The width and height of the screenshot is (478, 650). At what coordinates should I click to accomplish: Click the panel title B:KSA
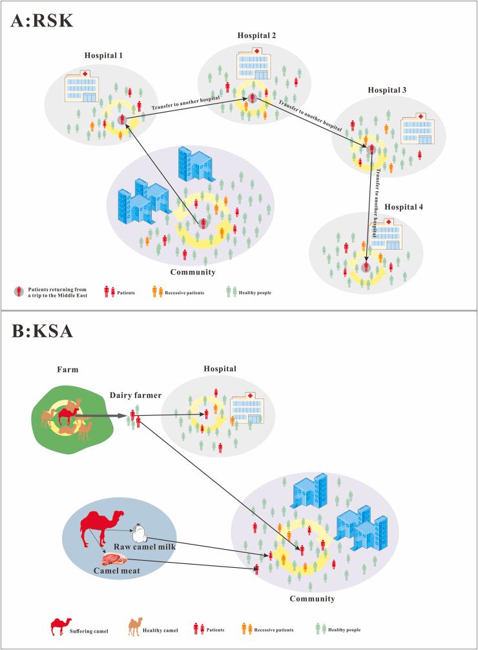coord(41,332)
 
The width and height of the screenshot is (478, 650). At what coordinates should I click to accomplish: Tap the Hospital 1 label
coord(103,56)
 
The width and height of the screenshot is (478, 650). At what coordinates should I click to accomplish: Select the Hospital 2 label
coord(256,35)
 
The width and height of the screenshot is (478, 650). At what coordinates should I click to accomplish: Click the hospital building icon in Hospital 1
coord(81,86)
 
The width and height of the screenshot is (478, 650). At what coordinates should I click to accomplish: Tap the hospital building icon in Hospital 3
coord(415,130)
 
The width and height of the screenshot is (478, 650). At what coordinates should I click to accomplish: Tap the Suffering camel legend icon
coord(61,626)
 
